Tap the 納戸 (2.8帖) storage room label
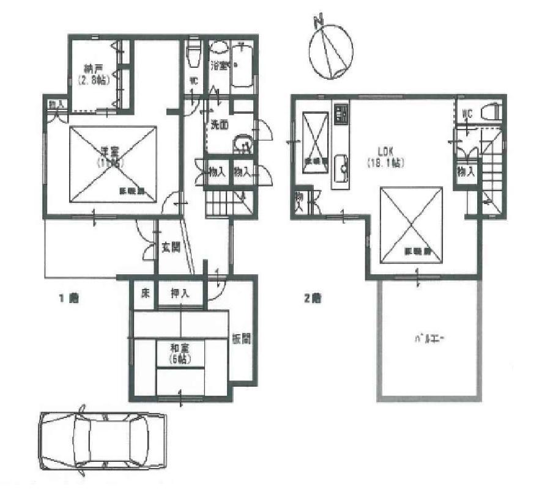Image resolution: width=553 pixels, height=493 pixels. tap(94, 74)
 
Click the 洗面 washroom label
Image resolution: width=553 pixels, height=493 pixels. tap(219, 124)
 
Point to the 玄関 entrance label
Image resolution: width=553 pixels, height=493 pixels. tap(171, 248)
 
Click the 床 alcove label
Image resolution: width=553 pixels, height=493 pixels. tap(145, 294)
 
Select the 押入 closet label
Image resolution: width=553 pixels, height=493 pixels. tap(180, 294)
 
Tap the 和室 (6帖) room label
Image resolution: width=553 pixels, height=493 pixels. tap(180, 353)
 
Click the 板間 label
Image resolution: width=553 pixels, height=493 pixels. tap(240, 338)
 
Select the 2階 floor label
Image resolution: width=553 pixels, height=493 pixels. tap(313, 299)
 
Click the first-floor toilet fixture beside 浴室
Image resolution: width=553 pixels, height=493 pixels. tap(194, 53)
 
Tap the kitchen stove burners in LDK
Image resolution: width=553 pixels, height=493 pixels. tap(341, 113)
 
